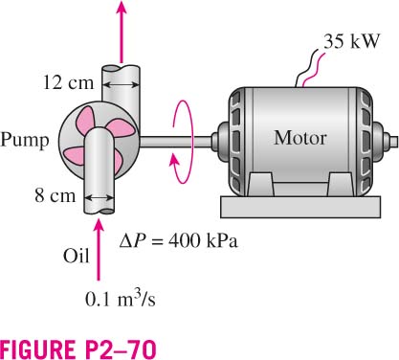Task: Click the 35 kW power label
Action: click(352, 41)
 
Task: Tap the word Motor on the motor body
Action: click(300, 138)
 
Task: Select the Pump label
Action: click(25, 141)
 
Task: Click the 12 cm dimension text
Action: click(68, 82)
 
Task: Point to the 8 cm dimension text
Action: click(55, 195)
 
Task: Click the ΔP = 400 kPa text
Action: click(178, 240)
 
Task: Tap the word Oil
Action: click(76, 256)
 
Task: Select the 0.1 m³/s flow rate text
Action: click(121, 299)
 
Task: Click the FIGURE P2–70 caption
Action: click(78, 349)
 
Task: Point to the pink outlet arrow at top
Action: click(122, 32)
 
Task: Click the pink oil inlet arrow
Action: click(100, 249)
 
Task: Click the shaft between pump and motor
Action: click(176, 142)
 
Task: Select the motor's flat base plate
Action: click(300, 207)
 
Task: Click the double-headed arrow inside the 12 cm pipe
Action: click(122, 85)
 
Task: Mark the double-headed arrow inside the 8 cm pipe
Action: click(100, 198)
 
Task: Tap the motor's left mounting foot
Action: click(260, 185)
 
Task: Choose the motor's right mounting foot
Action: click(341, 185)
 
